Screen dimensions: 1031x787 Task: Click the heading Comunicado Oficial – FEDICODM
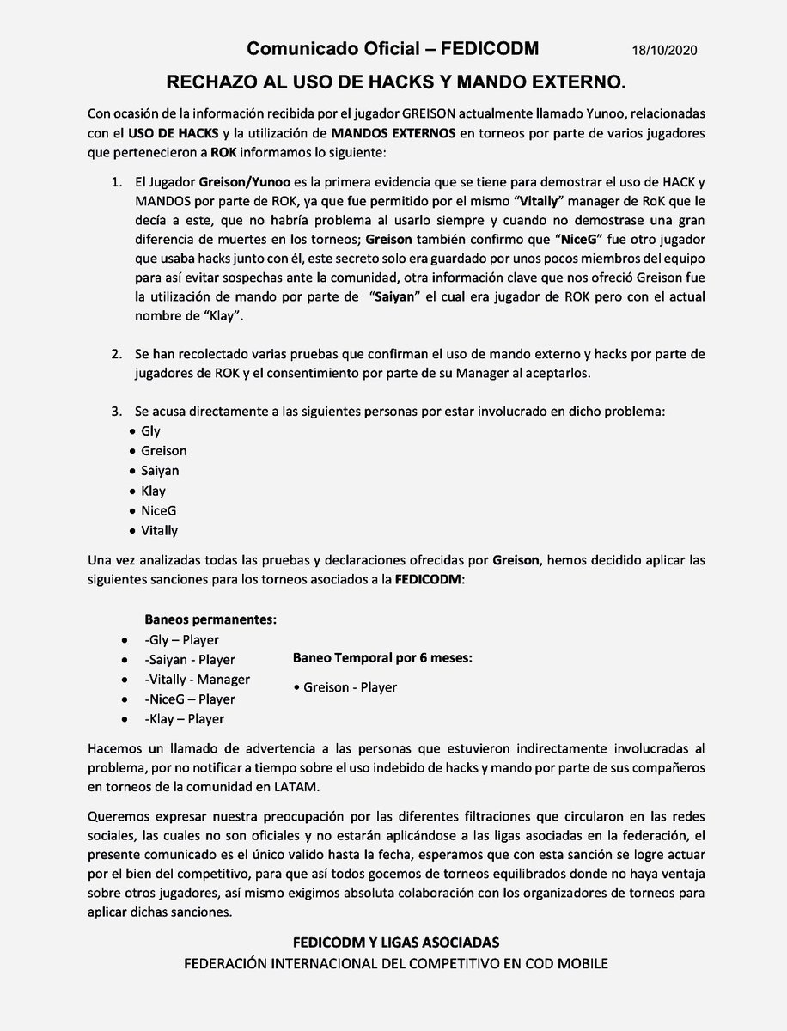[x=393, y=50]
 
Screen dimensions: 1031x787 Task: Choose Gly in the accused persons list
[x=150, y=431]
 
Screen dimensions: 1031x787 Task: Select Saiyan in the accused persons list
[x=160, y=471]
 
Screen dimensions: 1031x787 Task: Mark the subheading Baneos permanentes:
[x=210, y=619]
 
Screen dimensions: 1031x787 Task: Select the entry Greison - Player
[x=345, y=686]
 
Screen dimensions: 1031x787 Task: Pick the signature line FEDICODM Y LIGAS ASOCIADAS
[x=396, y=943]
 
